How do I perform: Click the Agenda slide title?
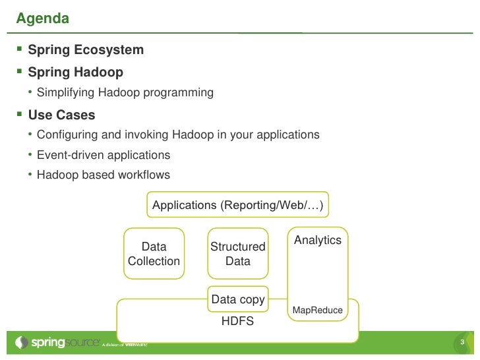click(42, 18)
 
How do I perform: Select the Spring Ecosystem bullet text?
click(86, 50)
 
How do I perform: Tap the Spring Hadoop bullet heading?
click(75, 71)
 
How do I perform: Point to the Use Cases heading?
click(61, 115)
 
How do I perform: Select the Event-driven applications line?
click(104, 156)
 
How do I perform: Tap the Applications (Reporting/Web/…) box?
click(237, 206)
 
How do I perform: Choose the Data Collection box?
click(154, 254)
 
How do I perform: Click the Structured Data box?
click(237, 254)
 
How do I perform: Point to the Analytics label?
click(318, 240)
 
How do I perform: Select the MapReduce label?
click(317, 310)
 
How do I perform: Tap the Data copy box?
click(237, 299)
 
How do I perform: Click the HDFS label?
click(237, 321)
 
